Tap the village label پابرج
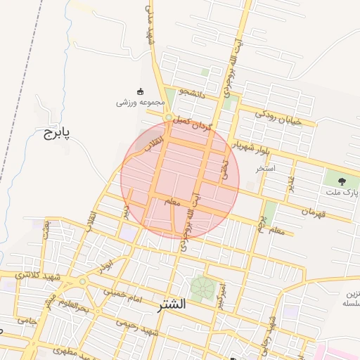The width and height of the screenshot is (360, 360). tap(53, 132)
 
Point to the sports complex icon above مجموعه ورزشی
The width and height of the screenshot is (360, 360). tap(139, 91)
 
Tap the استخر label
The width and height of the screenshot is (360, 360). tap(266, 169)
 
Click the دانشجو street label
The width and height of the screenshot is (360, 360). tap(191, 92)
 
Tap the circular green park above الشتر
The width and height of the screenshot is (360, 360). tap(202, 287)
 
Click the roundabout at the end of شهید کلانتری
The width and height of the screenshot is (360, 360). tap(82, 281)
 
